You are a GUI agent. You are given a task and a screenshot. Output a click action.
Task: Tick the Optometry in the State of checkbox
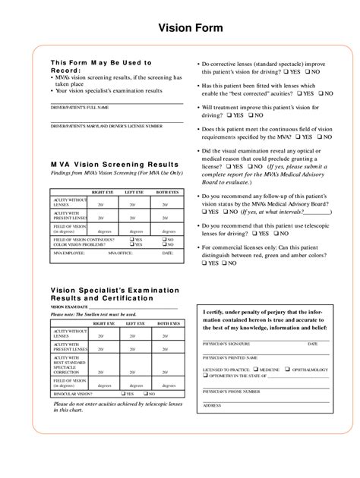205,376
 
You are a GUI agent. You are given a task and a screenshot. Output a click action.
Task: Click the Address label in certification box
213,405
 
